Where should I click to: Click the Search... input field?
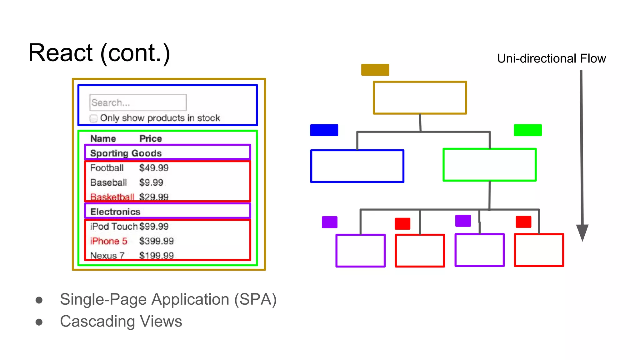point(138,102)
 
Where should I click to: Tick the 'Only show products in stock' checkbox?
point(93,118)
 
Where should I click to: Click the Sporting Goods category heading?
point(126,153)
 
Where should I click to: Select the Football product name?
point(107,168)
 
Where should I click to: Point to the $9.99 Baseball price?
point(151,182)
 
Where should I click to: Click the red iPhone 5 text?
point(108,241)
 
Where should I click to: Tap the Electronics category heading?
point(115,212)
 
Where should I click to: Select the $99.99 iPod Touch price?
point(154,226)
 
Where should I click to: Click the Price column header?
point(151,138)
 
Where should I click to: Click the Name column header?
point(103,138)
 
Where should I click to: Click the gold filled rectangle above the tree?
point(375,70)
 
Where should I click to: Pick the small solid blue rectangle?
point(324,130)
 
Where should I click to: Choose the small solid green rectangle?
point(527,130)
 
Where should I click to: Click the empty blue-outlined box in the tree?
point(357,166)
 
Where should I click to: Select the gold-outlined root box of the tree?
point(420,98)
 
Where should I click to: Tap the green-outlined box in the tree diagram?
point(489,165)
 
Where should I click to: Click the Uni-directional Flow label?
point(551,58)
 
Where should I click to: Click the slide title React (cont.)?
point(99,53)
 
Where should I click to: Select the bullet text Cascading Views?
point(121,321)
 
